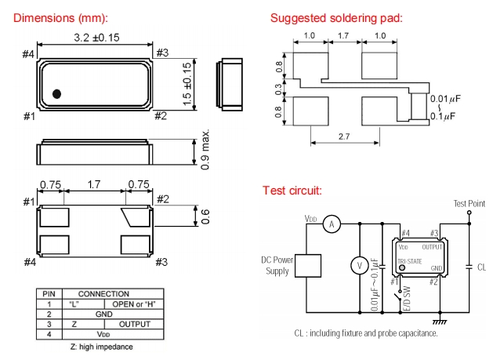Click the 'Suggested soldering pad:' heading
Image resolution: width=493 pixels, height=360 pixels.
click(336, 18)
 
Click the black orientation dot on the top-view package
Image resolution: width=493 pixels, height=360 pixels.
click(56, 95)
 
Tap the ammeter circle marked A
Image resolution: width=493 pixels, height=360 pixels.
click(331, 224)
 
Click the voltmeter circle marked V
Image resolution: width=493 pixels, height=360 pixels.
click(360, 266)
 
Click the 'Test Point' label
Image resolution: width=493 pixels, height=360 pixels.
click(469, 204)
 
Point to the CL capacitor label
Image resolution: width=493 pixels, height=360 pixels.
click(481, 267)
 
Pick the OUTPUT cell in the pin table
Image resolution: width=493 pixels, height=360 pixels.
click(132, 323)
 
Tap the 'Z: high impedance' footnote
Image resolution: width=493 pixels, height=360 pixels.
click(101, 346)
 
